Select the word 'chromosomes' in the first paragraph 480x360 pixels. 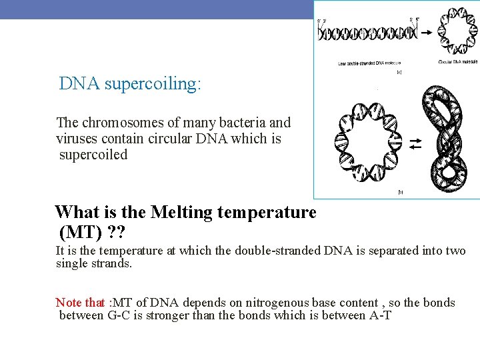(119, 123)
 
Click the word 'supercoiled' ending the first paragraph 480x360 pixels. (93, 155)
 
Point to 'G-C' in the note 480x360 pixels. (121, 315)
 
